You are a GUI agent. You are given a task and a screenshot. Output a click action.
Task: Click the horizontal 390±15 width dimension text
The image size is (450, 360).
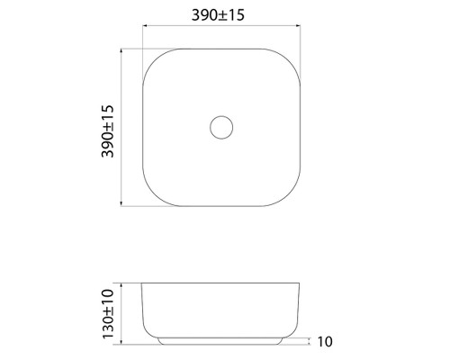tap(218, 15)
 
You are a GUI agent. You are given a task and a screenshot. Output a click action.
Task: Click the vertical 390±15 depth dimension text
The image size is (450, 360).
tap(108, 131)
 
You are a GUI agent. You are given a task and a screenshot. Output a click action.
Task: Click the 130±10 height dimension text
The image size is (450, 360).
tap(108, 314)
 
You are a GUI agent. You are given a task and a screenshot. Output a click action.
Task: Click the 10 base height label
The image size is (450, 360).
tap(325, 341)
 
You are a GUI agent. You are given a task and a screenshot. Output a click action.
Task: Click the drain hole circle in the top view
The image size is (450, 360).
tap(221, 116)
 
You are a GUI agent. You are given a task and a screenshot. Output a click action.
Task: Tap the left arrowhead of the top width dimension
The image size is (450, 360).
tap(144, 26)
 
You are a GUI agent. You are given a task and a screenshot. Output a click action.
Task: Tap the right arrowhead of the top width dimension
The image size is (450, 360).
tap(298, 26)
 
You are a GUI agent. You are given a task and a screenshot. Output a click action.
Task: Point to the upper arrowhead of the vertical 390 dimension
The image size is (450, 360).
tap(121, 50)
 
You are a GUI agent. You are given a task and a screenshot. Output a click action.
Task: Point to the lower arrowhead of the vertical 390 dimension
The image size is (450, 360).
tap(121, 204)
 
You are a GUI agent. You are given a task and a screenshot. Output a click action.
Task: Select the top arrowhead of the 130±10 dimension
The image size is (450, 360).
tap(121, 285)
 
